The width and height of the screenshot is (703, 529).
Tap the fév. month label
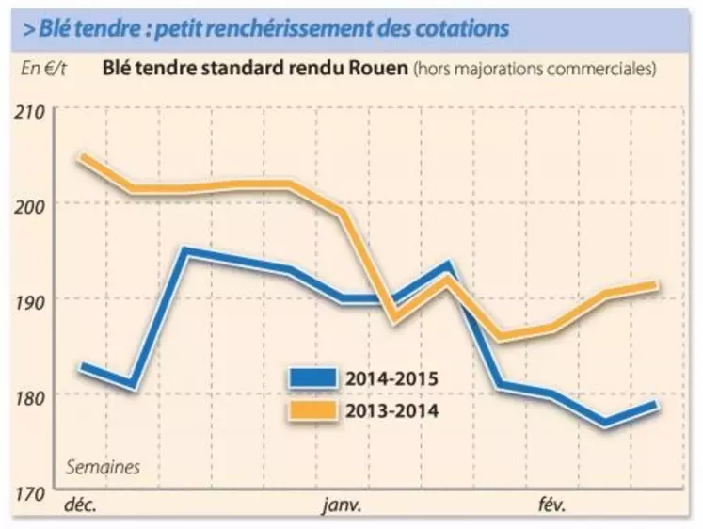pyautogui.click(x=552, y=505)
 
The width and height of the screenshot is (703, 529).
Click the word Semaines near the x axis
pyautogui.click(x=103, y=467)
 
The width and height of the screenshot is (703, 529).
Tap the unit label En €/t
pyautogui.click(x=44, y=69)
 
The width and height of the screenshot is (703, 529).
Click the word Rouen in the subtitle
pyautogui.click(x=379, y=69)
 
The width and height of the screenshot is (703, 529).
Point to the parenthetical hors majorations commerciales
pyautogui.click(x=534, y=69)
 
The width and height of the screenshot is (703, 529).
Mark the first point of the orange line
pyautogui.click(x=84, y=157)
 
